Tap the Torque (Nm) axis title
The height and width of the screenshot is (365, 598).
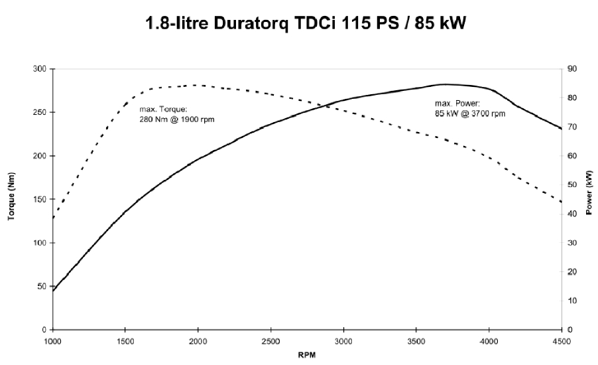click(x=12, y=200)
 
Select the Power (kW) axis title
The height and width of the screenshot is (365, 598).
click(x=589, y=192)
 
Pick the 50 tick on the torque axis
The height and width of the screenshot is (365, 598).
click(x=40, y=286)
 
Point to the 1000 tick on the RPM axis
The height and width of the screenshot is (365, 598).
click(x=52, y=342)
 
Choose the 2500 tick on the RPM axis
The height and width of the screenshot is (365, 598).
click(x=270, y=342)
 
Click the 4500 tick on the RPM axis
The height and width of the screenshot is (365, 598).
click(x=562, y=342)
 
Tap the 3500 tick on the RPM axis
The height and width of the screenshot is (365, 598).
click(x=416, y=342)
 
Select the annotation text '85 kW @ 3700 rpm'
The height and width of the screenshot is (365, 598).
click(x=467, y=113)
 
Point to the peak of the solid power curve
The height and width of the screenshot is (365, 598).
click(x=445, y=84)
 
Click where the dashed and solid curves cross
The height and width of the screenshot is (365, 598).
click(x=322, y=106)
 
